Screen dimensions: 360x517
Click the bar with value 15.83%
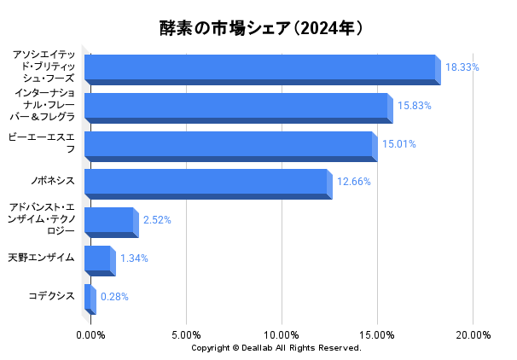point(237,107)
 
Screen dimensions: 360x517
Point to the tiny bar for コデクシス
point(89,298)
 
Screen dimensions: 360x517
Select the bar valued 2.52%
point(110,221)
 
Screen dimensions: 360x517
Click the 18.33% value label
point(462,67)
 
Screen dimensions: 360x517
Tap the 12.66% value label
point(353,182)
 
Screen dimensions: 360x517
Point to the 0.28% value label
point(114,297)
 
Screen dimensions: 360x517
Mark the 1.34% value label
point(134,258)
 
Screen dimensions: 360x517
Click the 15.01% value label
point(398,144)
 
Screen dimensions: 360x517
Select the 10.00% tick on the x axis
point(282,334)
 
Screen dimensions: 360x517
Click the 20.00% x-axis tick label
point(473,334)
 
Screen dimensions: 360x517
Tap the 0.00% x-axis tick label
point(91,334)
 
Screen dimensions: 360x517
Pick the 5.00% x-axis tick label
point(186,334)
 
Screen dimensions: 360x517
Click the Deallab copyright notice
point(276,348)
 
